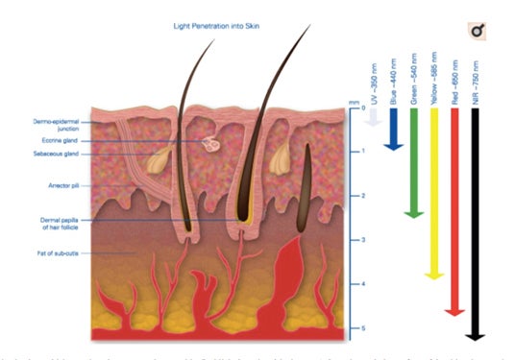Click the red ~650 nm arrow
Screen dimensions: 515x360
[455, 211]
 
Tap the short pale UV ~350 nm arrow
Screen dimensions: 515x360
[373, 117]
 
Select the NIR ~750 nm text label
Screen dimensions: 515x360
[476, 80]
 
